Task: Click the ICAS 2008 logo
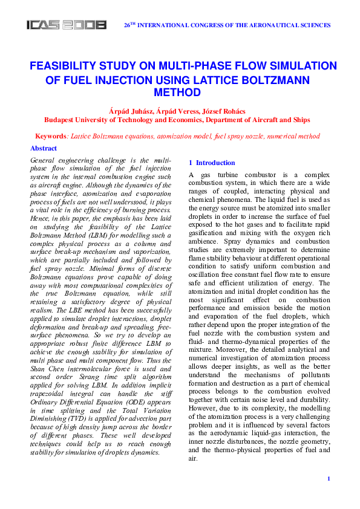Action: [x=67, y=25]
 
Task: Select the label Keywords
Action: [x=51, y=137]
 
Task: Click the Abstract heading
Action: [x=44, y=149]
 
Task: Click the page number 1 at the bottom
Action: [x=328, y=479]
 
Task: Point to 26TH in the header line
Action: [x=130, y=25]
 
